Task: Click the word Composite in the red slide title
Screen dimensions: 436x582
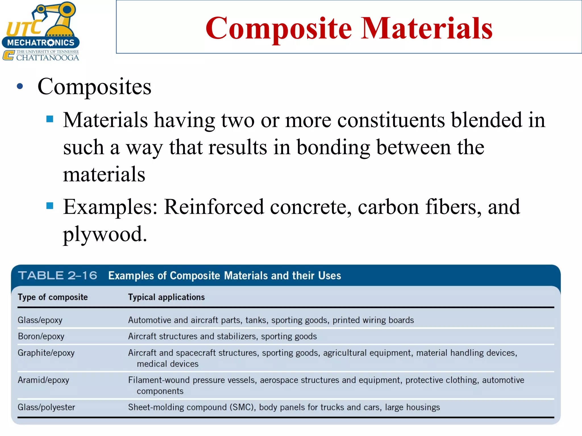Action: pos(278,28)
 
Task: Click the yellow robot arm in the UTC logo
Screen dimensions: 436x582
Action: pos(57,18)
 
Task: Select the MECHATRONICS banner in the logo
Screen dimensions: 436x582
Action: pos(41,43)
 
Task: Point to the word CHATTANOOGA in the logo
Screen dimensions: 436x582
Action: pos(47,58)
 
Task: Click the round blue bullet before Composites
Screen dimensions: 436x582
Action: pos(20,86)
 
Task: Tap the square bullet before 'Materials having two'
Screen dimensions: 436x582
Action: pos(50,119)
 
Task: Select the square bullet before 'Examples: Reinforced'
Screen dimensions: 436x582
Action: pos(50,206)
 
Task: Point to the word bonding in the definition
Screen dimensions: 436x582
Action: pos(333,148)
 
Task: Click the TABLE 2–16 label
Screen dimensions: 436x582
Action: pos(58,275)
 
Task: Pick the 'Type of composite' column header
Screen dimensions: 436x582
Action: pos(53,297)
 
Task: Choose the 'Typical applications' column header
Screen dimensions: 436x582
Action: pos(166,297)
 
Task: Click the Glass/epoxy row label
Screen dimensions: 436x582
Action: pos(40,320)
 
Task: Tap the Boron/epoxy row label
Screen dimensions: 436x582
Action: pos(41,336)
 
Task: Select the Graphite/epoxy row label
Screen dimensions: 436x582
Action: pos(46,353)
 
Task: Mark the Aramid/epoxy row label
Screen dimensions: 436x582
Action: pos(43,380)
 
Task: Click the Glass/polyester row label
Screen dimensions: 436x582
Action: pos(46,407)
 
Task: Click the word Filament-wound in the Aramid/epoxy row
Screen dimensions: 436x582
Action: pos(159,380)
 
